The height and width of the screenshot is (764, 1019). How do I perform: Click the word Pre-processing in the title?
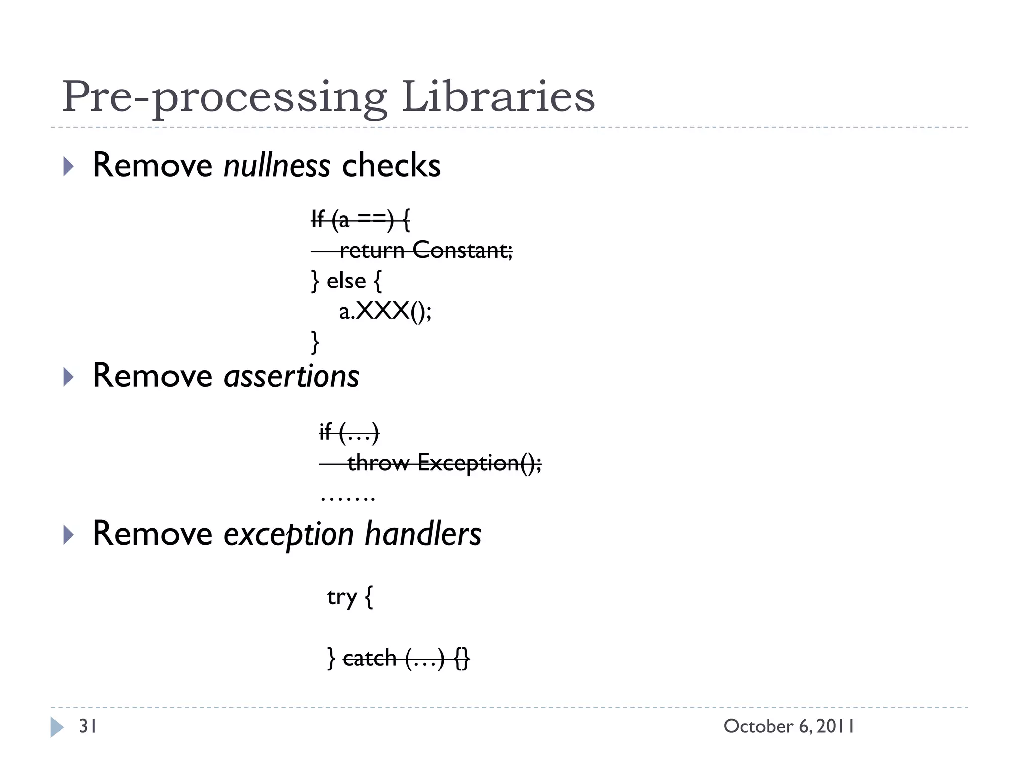pyautogui.click(x=224, y=97)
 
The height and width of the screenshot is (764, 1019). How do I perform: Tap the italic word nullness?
pyautogui.click(x=277, y=165)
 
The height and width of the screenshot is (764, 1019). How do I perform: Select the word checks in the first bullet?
pyautogui.click(x=391, y=165)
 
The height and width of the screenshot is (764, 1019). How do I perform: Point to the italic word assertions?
pyautogui.click(x=292, y=376)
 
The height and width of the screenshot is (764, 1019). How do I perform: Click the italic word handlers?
pyautogui.click(x=423, y=534)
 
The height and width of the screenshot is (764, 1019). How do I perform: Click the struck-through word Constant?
pyautogui.click(x=462, y=250)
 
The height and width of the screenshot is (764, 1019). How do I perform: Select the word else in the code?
pyautogui.click(x=346, y=281)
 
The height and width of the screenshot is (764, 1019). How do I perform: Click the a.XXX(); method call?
pyautogui.click(x=386, y=312)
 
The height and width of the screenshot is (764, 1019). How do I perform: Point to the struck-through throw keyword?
pyautogui.click(x=378, y=463)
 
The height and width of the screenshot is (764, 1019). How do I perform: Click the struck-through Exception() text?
pyautogui.click(x=479, y=463)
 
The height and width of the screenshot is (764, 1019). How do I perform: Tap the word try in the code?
pyautogui.click(x=342, y=597)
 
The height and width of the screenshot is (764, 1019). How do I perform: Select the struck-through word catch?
pyautogui.click(x=370, y=658)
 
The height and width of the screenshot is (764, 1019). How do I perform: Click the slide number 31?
pyautogui.click(x=88, y=726)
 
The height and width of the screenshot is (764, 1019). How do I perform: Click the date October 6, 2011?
pyautogui.click(x=789, y=726)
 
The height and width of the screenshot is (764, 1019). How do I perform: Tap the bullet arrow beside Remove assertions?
pyautogui.click(x=68, y=377)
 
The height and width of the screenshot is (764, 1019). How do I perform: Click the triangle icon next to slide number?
pyautogui.click(x=57, y=727)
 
